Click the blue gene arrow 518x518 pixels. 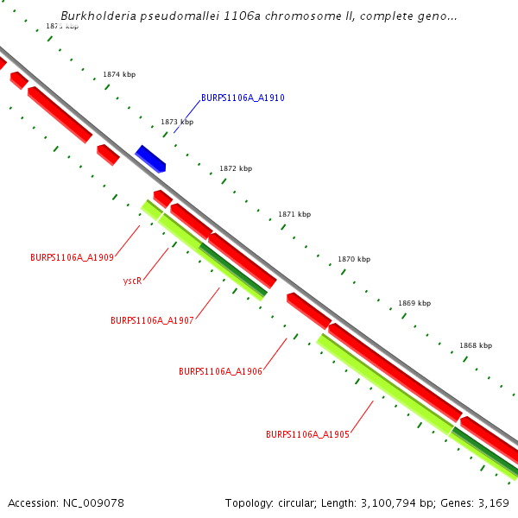[150, 159]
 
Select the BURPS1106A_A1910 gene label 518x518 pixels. [243, 98]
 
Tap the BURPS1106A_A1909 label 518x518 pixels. [72, 258]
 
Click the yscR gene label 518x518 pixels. [132, 281]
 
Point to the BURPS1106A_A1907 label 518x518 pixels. [152, 320]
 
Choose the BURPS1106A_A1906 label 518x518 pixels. [220, 371]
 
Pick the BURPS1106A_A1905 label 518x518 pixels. [307, 434]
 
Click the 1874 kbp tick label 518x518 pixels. [119, 75]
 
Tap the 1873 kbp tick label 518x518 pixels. [177, 122]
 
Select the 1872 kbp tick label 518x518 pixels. [236, 168]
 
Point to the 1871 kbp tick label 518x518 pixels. [294, 214]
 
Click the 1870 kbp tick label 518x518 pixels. [354, 259]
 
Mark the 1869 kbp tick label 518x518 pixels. [414, 304]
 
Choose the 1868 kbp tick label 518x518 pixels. [476, 345]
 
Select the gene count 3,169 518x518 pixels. [493, 502]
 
